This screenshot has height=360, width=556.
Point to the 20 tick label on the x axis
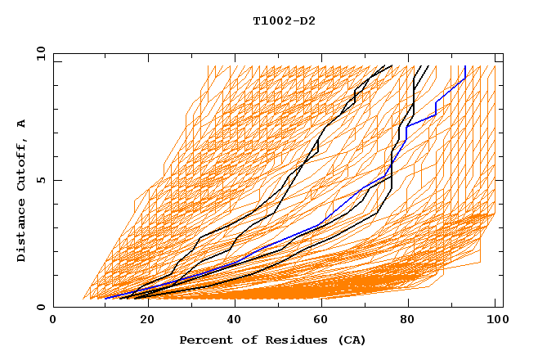coord(142,320)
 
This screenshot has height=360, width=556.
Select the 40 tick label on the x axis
coord(231,320)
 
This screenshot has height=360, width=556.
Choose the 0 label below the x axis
coord(53,320)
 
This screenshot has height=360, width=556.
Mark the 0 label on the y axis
coord(40,308)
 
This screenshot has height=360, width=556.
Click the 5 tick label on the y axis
coord(40,180)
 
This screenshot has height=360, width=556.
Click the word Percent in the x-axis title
coord(203,340)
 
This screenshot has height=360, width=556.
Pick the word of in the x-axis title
coord(241,340)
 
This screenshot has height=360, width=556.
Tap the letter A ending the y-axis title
coord(21,124)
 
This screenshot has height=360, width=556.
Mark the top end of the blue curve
coord(465,66)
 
